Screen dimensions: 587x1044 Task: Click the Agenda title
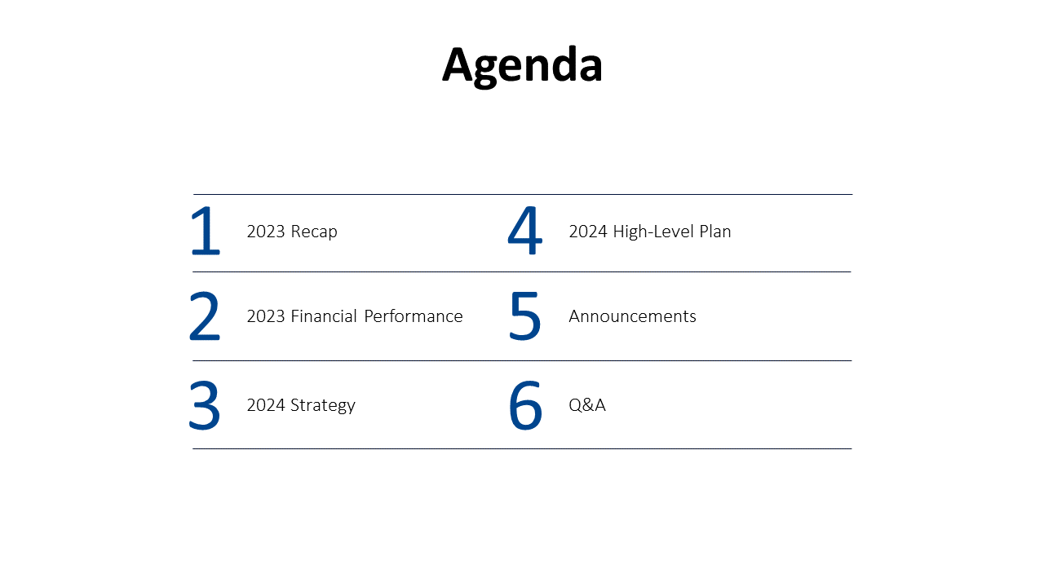[522, 65]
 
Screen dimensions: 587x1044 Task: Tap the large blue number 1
[206, 232]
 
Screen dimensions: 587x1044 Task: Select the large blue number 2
[205, 317]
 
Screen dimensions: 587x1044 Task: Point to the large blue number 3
[205, 405]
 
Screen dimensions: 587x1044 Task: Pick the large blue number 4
[524, 232]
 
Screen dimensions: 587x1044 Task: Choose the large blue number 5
[524, 317]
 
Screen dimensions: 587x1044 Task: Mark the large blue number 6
[525, 405]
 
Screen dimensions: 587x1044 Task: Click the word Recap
[314, 232]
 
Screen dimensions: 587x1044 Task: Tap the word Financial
[324, 316]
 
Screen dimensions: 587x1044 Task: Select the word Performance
[414, 316]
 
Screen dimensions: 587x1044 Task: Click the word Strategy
[323, 405]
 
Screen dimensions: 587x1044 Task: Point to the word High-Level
[652, 232]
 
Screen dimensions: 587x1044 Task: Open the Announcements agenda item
[632, 316]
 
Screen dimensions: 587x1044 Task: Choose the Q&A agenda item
[587, 405]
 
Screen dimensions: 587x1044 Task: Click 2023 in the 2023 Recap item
[266, 232]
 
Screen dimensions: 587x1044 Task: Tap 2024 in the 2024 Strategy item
[266, 405]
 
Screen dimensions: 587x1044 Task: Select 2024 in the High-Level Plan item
[588, 232]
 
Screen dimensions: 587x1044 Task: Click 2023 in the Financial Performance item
[266, 316]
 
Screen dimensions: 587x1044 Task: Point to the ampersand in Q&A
[587, 405]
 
